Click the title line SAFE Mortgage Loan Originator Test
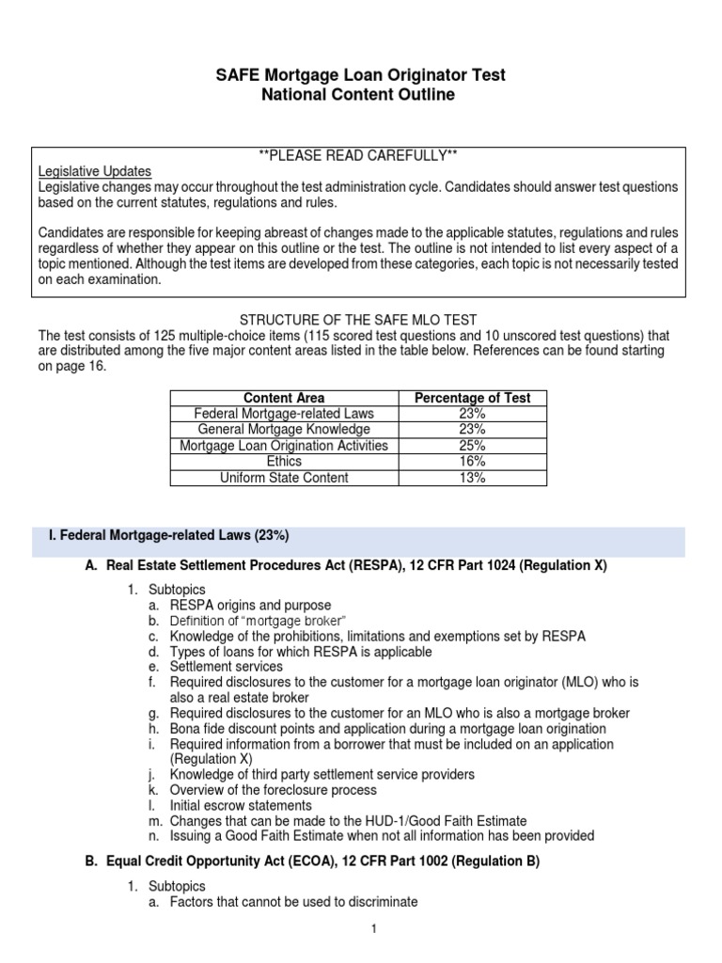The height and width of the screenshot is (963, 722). tap(361, 75)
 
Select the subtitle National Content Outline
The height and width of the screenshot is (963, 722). tap(361, 95)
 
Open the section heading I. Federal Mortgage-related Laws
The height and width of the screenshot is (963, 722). tap(167, 536)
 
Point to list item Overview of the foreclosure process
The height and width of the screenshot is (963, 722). tap(273, 790)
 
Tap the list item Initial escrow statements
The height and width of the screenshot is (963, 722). tap(240, 806)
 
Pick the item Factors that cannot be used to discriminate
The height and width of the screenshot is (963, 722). tap(293, 902)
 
